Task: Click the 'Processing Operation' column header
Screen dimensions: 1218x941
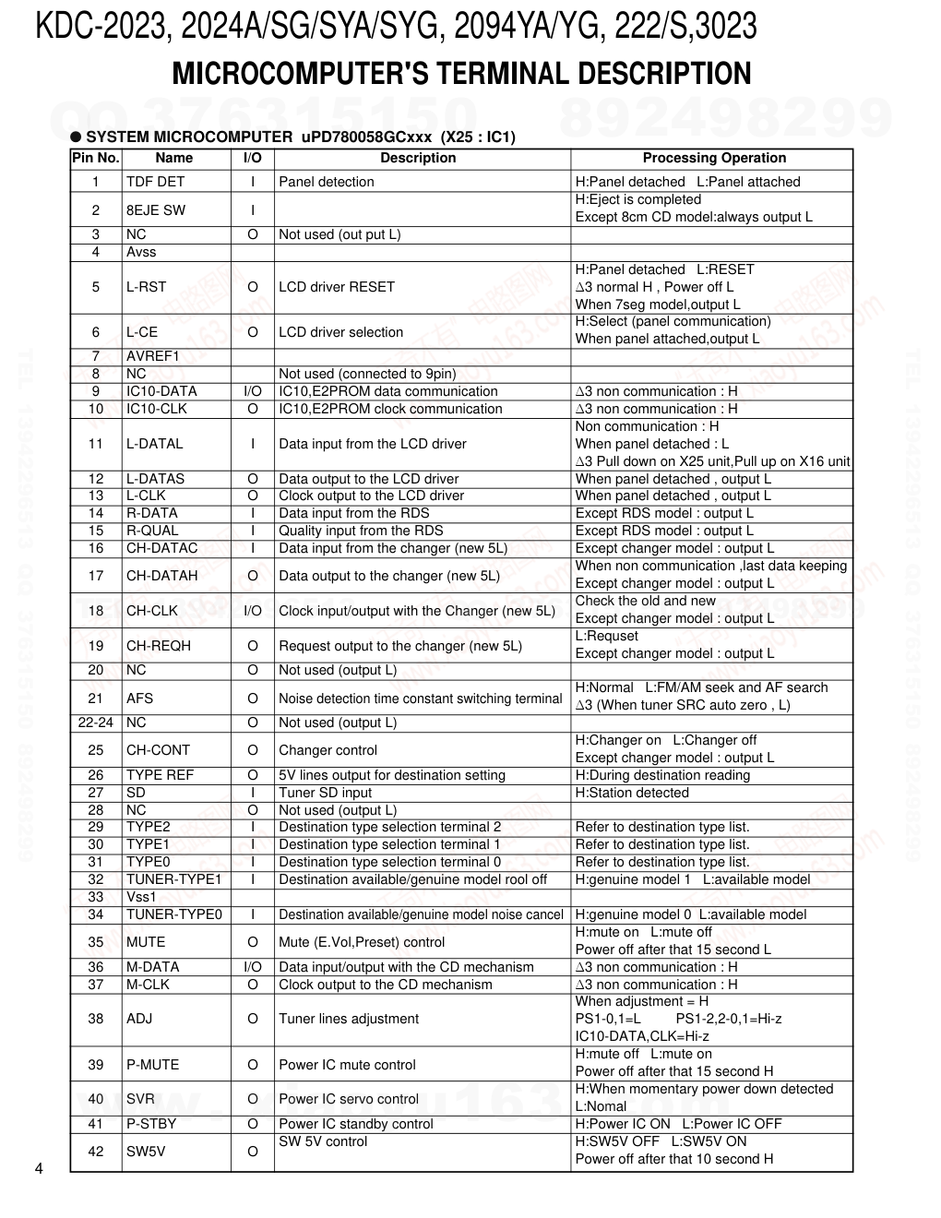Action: click(714, 158)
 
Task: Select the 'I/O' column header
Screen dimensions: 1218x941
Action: click(252, 158)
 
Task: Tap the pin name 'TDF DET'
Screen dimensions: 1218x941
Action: click(155, 182)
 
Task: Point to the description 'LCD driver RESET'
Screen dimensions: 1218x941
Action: click(336, 287)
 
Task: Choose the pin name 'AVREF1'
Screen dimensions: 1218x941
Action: click(152, 356)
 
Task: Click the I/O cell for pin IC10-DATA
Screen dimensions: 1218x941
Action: click(252, 391)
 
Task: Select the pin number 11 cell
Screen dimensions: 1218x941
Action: click(96, 444)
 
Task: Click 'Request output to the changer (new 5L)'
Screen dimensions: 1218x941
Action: click(399, 646)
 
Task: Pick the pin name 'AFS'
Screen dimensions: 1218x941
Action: click(139, 698)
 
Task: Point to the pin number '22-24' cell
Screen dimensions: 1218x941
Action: click(96, 722)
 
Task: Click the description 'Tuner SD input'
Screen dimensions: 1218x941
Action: click(325, 793)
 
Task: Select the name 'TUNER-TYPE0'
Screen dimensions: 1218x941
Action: click(173, 914)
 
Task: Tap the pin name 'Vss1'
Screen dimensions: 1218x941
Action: click(141, 897)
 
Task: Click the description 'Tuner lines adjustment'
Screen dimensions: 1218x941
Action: click(348, 1019)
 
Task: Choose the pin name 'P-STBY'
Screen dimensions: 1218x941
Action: click(150, 1124)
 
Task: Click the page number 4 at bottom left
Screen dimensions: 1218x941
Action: click(38, 1169)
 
